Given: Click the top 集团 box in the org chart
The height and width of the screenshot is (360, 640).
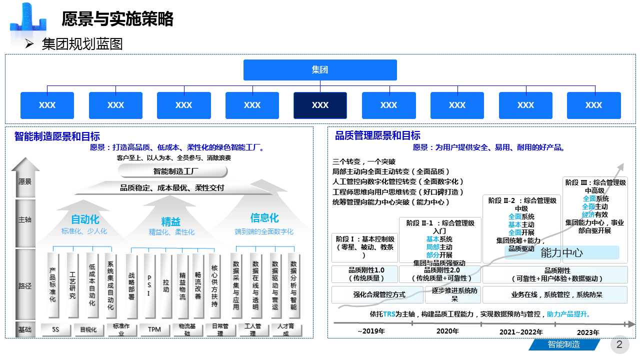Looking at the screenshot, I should tap(320, 70).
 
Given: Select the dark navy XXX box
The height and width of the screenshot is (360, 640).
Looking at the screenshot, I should tap(320, 105).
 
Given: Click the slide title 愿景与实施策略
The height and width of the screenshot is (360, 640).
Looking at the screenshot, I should tap(117, 19).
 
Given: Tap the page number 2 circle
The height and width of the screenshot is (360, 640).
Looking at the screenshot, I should tap(619, 344).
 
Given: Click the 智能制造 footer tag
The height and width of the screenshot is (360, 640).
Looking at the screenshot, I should tap(563, 344).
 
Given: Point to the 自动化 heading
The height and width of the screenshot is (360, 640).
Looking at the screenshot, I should tap(85, 219).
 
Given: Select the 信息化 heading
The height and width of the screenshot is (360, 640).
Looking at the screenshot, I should tap(264, 218).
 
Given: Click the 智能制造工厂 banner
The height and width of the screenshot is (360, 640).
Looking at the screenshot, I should tap(173, 171).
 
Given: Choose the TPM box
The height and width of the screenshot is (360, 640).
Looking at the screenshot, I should tap(154, 329).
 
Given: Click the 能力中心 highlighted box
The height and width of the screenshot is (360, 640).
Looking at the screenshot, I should tap(561, 252).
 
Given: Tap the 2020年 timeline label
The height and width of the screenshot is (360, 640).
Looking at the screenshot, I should tap(447, 331).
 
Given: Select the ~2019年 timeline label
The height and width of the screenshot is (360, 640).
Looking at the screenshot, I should tap(371, 331).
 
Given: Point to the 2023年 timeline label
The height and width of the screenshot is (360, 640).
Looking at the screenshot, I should tap(588, 332).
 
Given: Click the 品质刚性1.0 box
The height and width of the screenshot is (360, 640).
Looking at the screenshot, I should tap(364, 274).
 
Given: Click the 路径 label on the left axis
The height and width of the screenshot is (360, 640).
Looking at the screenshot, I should tap(25, 286).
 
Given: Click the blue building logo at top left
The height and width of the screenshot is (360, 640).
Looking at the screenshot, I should tap(29, 19).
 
